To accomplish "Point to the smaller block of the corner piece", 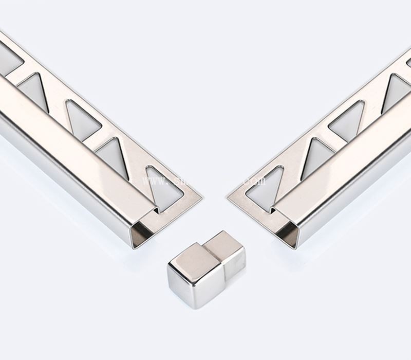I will [x=226, y=252].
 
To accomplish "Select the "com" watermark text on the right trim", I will [x=256, y=181].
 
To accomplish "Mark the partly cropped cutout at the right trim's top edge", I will [x=409, y=62].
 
